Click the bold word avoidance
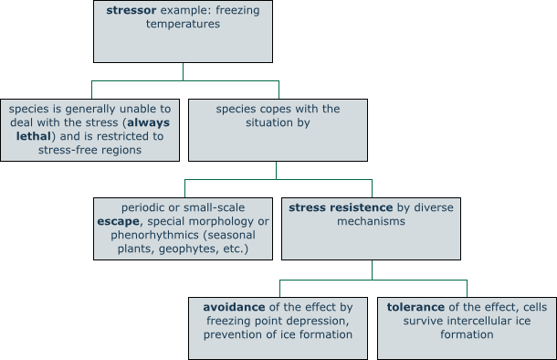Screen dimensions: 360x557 click(234, 306)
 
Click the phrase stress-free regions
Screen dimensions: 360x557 click(89, 150)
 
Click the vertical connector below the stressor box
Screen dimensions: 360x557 click(183, 71)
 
